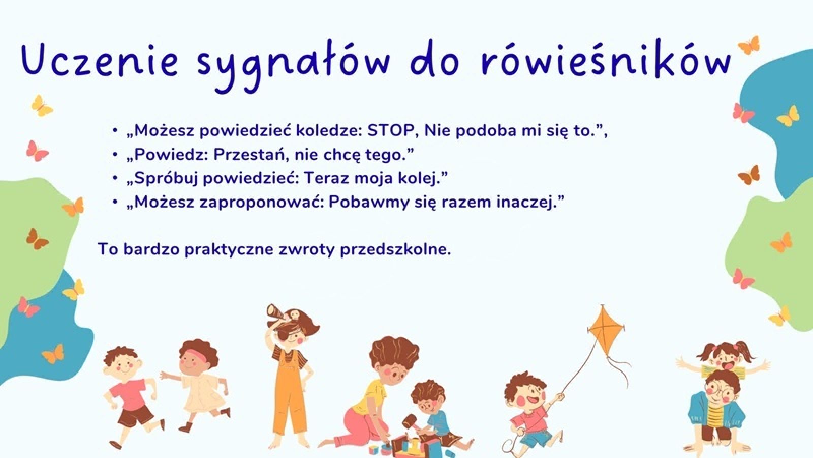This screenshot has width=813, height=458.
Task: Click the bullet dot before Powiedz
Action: (x=115, y=155)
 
